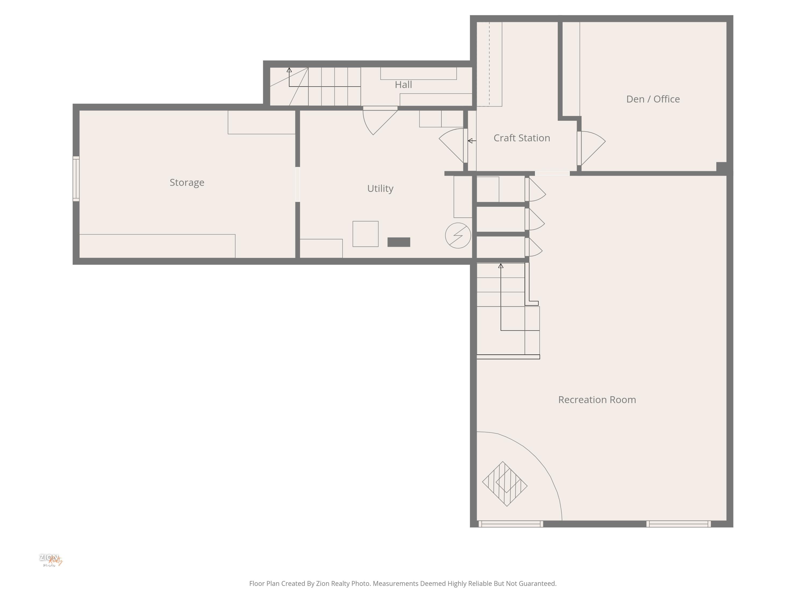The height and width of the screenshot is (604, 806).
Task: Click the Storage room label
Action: [x=187, y=182]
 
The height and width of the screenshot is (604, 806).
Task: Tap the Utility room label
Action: [x=380, y=189]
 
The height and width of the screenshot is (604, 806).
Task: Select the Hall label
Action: [x=403, y=85]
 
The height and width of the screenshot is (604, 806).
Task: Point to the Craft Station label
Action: [x=521, y=138]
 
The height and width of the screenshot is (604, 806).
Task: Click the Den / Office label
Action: [x=653, y=99]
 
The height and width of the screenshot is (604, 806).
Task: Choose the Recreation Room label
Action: [x=597, y=400]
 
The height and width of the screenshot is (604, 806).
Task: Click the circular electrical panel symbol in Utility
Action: [x=458, y=235]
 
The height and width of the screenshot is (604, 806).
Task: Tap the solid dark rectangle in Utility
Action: [x=399, y=242]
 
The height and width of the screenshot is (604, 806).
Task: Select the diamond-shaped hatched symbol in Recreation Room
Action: [x=505, y=484]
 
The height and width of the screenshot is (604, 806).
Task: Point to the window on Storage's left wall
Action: [x=76, y=179]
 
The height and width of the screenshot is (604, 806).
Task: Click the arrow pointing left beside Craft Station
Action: [x=472, y=141]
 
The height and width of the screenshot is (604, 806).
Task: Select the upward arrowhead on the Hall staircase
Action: [x=289, y=70]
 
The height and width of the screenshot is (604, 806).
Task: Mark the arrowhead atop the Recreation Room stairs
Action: [x=501, y=266]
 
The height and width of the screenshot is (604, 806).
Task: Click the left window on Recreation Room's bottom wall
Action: [x=510, y=524]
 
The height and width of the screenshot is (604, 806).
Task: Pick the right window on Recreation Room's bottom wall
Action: [x=678, y=524]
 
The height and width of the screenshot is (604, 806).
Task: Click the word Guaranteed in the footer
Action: [x=537, y=584]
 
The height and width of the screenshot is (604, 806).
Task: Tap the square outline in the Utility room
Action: [x=365, y=234]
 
